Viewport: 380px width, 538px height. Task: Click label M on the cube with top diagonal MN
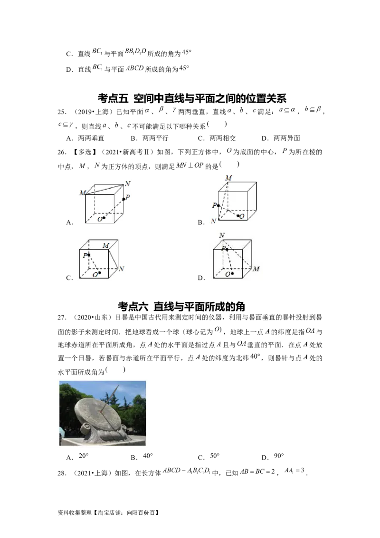tap(82, 192)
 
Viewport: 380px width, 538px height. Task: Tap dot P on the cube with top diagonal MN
tap(123, 199)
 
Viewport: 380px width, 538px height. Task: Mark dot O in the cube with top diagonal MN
tap(104, 217)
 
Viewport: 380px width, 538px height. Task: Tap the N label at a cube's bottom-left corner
tap(214, 221)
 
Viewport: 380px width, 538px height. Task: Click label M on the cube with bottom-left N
tap(228, 178)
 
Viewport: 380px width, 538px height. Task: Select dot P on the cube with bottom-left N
tap(218, 205)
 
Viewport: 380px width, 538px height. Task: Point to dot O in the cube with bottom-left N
tap(238, 215)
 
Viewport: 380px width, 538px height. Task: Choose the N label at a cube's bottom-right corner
tap(121, 269)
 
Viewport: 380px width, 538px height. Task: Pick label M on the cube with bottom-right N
tap(106, 245)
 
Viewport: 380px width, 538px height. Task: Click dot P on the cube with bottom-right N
tap(89, 255)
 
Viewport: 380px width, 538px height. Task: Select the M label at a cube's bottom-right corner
tap(256, 269)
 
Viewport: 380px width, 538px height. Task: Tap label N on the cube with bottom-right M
tap(222, 235)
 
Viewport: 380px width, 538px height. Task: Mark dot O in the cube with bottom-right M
tap(232, 273)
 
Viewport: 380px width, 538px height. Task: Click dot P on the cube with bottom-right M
tap(227, 249)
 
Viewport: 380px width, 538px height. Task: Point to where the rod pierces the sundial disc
tap(102, 408)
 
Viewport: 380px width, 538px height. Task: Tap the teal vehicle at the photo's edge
tap(60, 433)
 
